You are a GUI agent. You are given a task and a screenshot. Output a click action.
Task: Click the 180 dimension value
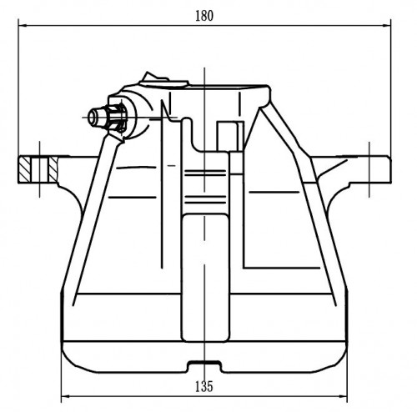pos(204,16)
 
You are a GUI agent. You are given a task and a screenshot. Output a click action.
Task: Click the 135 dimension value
pos(204,386)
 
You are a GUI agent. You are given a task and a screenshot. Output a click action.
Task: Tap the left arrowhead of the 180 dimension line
pos(23,26)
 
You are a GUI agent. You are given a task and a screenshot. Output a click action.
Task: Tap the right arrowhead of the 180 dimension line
pos(387,26)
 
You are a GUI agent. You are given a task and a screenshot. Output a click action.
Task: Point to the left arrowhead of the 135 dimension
pos(65,396)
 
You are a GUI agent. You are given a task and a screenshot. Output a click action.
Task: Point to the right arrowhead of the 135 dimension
pos(343,396)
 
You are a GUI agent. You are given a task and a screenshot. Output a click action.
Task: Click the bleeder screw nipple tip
pos(93,118)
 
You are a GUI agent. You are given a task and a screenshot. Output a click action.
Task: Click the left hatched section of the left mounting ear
pos(24,169)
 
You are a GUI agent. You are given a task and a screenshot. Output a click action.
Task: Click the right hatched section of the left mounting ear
pos(53,169)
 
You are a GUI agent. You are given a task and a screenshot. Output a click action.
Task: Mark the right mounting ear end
pos(389,169)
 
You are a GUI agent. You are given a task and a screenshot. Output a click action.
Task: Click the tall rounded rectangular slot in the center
pos(205,278)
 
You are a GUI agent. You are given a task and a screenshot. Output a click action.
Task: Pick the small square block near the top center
pos(228,136)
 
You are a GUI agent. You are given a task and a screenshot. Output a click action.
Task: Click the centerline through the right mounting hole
pos(369,169)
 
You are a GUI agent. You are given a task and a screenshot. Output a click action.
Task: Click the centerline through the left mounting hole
pos(39,169)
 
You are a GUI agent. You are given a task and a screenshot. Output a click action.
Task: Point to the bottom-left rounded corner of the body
pos(69,360)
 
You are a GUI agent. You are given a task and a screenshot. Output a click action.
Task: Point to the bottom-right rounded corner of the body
pos(339,360)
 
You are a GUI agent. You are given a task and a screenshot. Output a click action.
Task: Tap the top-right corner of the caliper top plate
pos(269,87)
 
